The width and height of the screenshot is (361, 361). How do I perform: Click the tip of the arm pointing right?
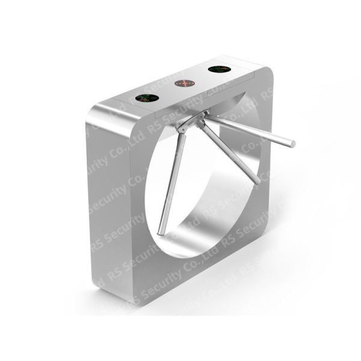pyautogui.click(x=293, y=144)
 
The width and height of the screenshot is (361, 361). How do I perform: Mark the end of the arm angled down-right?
pyautogui.click(x=259, y=181)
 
